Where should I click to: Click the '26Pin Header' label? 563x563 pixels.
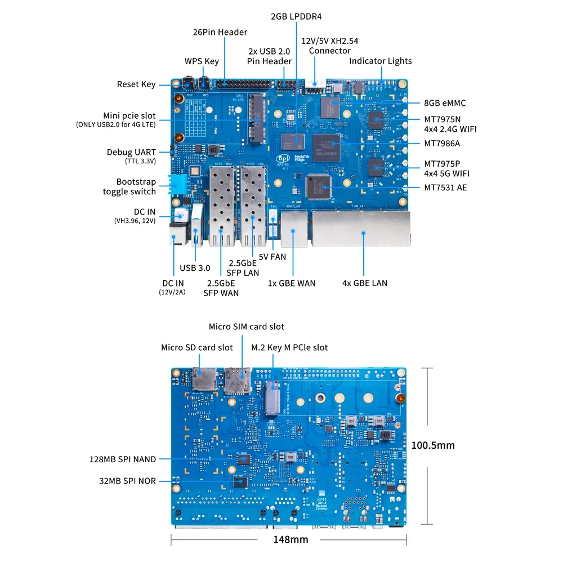(x=220, y=32)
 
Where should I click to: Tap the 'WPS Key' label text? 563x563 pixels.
(x=202, y=61)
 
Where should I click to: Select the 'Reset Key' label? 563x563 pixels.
(x=136, y=84)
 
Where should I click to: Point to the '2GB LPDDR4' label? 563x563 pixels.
(x=296, y=16)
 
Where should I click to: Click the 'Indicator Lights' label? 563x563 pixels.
(x=381, y=61)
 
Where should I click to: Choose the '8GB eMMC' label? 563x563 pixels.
(x=445, y=103)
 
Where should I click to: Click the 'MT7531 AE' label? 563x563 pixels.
(x=445, y=187)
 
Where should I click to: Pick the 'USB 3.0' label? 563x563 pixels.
(x=195, y=268)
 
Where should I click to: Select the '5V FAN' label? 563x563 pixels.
(x=272, y=257)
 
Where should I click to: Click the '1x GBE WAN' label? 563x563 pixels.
(x=292, y=283)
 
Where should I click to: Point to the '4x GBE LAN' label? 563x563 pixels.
(x=365, y=283)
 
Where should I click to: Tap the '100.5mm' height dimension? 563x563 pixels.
(x=433, y=445)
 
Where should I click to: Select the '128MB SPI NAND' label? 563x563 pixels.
(x=123, y=459)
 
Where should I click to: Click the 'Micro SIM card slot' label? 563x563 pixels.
(x=247, y=327)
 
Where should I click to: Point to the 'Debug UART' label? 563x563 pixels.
(x=131, y=152)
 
